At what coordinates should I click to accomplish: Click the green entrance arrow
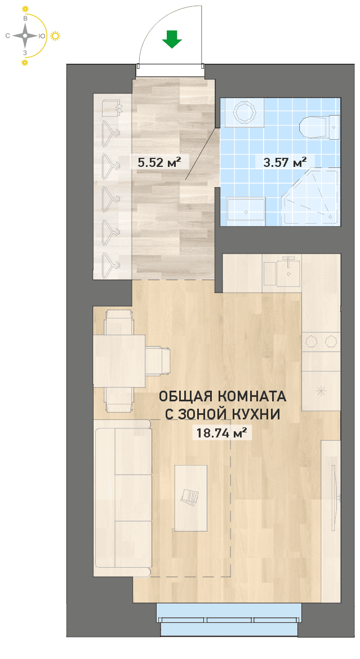pos(172,39)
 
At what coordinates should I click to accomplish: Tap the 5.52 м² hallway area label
pos(159,162)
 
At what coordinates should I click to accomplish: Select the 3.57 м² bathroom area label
pos(285,162)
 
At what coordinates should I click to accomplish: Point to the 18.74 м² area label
pos(222,432)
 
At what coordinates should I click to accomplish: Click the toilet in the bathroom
pos(319,127)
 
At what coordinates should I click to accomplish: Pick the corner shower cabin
pos(310,197)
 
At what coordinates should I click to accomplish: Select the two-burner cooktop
pos(321,340)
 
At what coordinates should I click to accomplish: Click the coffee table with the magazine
pos(191,498)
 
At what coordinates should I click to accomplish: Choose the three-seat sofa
pos(122,498)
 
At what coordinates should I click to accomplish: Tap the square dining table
pos(119,361)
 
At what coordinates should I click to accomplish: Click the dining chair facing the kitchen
pos(158,361)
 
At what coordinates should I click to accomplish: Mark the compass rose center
pos(25,36)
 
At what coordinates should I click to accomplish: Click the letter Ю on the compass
pos(41,36)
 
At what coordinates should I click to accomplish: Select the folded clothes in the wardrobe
pos(111,107)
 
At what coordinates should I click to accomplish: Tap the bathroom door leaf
pos(202,153)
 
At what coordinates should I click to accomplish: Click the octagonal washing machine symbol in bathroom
pos(243,112)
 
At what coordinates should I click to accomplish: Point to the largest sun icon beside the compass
pos(55,36)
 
